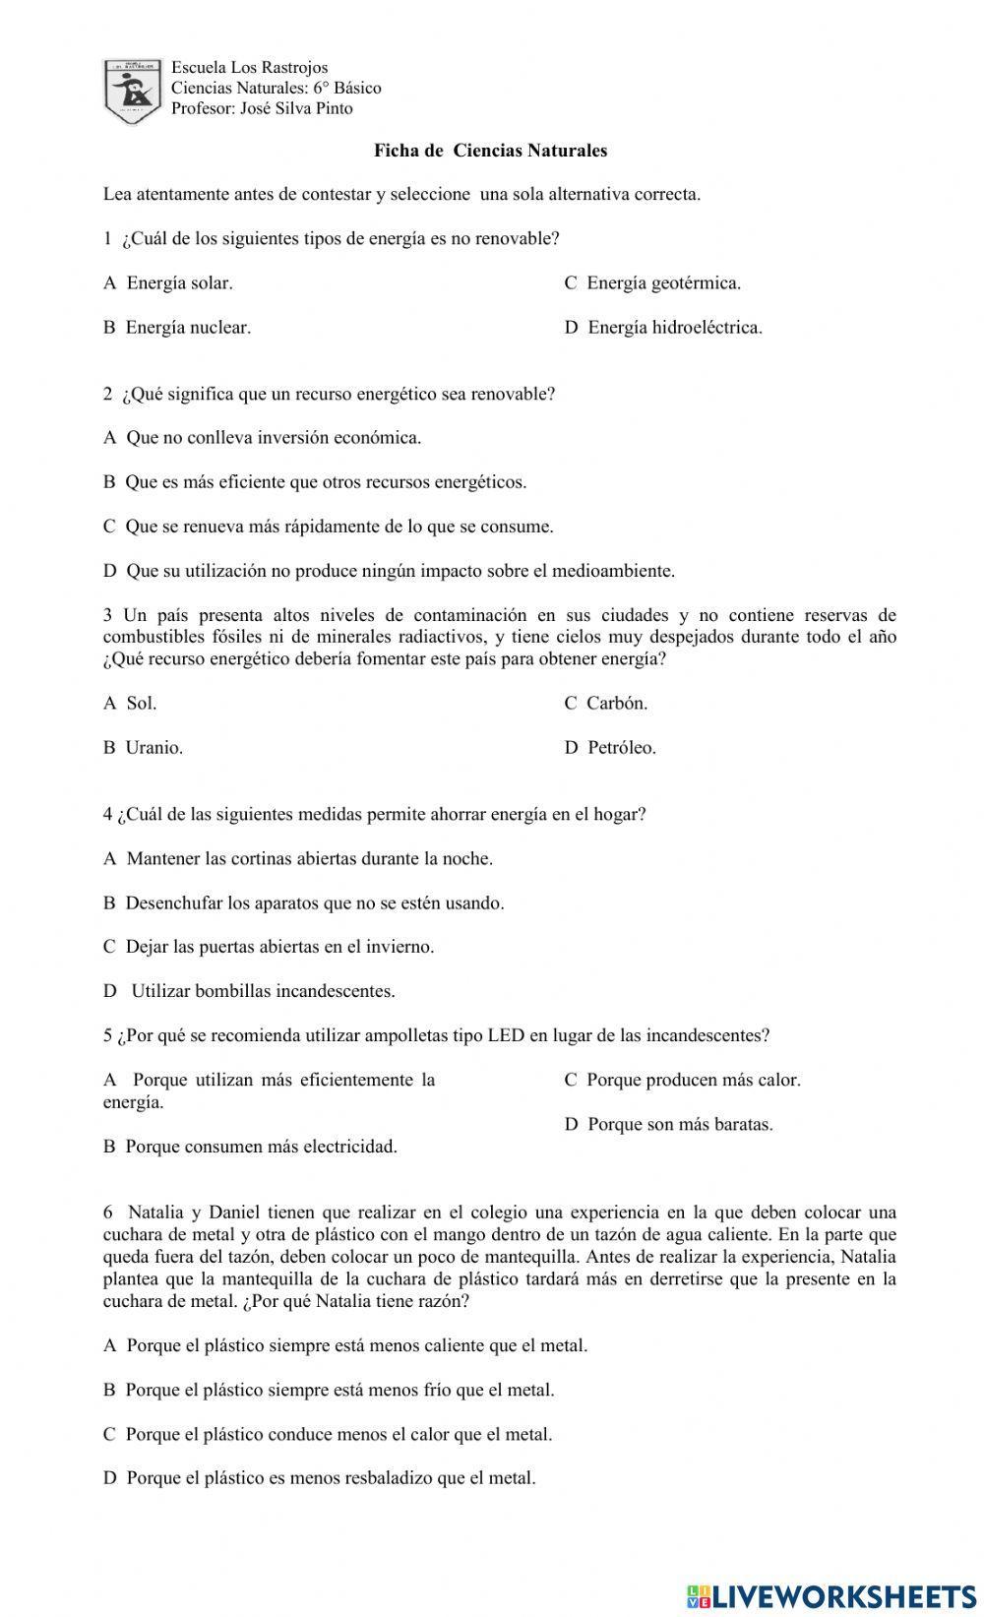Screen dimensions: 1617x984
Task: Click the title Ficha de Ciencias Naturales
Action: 490,151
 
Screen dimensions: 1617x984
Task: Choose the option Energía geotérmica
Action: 652,283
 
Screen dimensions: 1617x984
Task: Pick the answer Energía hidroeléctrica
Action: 663,328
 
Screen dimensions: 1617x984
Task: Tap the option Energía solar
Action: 168,283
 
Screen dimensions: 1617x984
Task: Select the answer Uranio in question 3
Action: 144,748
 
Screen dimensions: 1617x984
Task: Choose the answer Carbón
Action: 606,704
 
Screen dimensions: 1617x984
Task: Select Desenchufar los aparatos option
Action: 304,903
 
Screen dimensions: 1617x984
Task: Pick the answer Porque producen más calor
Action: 683,1081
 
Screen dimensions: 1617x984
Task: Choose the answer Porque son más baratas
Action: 669,1125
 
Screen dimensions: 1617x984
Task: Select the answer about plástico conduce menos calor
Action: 328,1435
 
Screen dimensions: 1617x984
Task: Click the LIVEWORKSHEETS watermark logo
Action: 830,1595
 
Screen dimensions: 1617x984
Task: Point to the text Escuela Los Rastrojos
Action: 250,68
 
